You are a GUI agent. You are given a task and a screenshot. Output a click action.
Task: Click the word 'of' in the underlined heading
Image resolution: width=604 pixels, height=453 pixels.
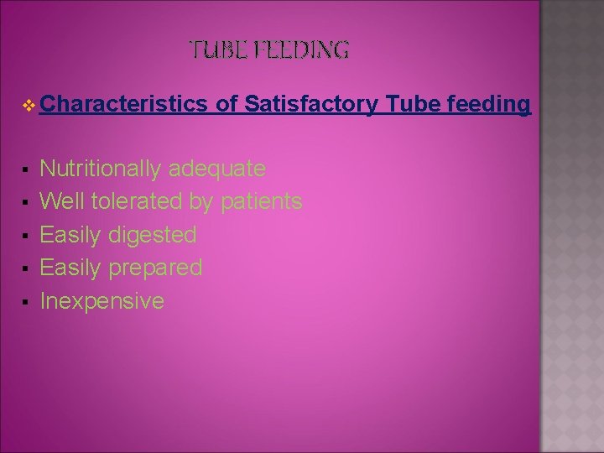coord(227,104)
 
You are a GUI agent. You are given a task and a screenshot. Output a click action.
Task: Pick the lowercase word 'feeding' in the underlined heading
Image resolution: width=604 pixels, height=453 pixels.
coord(490,104)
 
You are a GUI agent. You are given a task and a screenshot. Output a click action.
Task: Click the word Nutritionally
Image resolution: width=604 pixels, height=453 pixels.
coord(101,169)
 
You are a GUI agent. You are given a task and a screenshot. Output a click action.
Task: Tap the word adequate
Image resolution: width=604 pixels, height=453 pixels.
coord(217,169)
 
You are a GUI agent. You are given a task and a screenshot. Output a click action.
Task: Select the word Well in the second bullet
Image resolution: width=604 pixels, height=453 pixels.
coord(63,202)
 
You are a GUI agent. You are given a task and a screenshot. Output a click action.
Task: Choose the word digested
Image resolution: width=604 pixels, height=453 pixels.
coord(153,235)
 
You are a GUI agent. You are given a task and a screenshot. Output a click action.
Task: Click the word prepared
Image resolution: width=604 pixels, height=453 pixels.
coord(155,268)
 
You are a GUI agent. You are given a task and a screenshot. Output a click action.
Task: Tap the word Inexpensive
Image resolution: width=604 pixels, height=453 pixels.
coord(102,300)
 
